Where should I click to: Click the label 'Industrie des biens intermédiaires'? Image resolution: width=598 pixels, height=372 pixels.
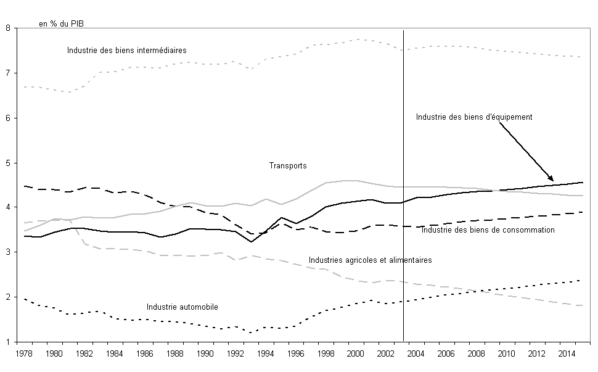126,50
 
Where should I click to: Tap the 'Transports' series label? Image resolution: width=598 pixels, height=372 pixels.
288,166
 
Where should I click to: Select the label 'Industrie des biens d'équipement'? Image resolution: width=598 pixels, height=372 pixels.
474,117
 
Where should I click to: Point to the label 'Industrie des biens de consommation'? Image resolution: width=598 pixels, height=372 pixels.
488,230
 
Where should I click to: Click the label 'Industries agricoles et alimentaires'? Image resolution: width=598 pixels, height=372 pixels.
370,260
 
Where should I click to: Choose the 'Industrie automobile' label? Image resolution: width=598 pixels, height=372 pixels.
182,307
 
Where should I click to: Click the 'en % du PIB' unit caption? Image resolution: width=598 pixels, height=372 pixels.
61,25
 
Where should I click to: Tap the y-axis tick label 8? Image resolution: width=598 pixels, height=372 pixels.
7,28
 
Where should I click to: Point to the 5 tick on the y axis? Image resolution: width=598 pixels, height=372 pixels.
7,163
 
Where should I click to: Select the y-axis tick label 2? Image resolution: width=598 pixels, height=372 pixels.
7,297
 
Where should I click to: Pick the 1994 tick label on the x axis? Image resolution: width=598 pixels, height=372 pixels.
265,353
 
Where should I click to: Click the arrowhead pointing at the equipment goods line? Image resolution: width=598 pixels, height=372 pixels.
551,178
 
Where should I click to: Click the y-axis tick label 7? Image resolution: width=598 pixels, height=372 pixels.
7,73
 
